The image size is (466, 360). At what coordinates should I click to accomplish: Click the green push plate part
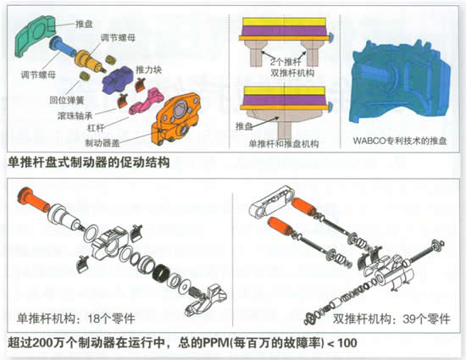[x=35, y=35]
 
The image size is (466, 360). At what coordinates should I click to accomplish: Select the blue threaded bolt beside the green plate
[x=64, y=47]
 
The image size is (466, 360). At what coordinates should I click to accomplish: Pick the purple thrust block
[x=118, y=80]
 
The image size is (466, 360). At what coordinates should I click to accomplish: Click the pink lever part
[x=146, y=102]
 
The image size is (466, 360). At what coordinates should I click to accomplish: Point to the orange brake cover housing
[x=175, y=119]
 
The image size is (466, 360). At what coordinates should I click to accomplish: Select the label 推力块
[x=148, y=70]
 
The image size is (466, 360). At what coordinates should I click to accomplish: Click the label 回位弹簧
[x=67, y=100]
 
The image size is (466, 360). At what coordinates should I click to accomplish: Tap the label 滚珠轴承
[x=75, y=115]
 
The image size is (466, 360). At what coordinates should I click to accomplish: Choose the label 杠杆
[x=96, y=128]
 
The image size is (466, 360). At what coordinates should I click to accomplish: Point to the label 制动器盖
[x=103, y=143]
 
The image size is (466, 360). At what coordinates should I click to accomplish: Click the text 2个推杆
[x=286, y=62]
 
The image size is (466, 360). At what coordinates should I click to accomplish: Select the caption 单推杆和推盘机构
[x=284, y=144]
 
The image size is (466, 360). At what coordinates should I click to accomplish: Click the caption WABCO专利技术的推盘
[x=400, y=141]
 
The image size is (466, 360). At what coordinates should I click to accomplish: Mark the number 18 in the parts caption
[x=94, y=318]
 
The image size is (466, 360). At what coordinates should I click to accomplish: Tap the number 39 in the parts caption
[x=409, y=319]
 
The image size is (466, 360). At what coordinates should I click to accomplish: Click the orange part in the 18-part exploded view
[x=33, y=200]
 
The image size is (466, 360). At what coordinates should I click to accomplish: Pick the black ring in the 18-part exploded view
[x=162, y=273]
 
